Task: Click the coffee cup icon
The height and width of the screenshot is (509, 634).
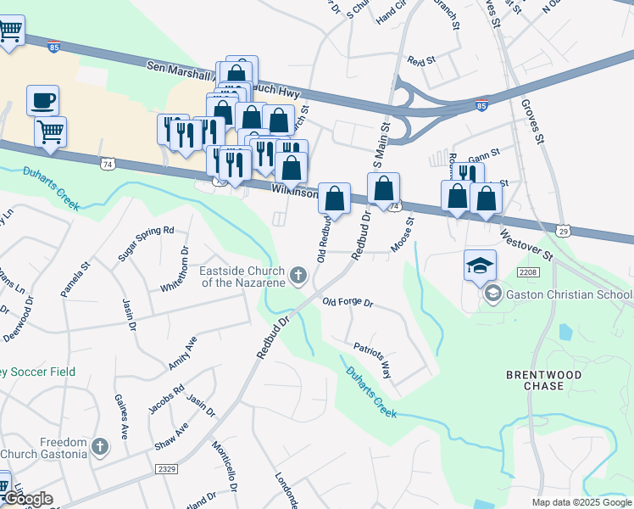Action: [42, 100]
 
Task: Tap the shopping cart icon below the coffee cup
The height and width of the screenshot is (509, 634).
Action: [51, 132]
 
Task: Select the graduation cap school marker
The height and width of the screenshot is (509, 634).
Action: [480, 265]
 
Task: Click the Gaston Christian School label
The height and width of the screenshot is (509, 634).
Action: [568, 294]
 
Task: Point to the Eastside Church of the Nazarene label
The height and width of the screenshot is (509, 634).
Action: [241, 277]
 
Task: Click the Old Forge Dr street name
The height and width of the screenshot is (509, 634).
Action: [348, 302]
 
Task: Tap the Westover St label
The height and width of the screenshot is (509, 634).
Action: [526, 243]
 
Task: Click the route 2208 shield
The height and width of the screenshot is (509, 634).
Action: [527, 271]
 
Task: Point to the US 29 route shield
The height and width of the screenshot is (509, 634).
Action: [565, 231]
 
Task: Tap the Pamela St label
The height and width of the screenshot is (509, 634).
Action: [74, 279]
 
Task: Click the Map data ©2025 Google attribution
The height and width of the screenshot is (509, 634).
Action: [581, 502]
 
